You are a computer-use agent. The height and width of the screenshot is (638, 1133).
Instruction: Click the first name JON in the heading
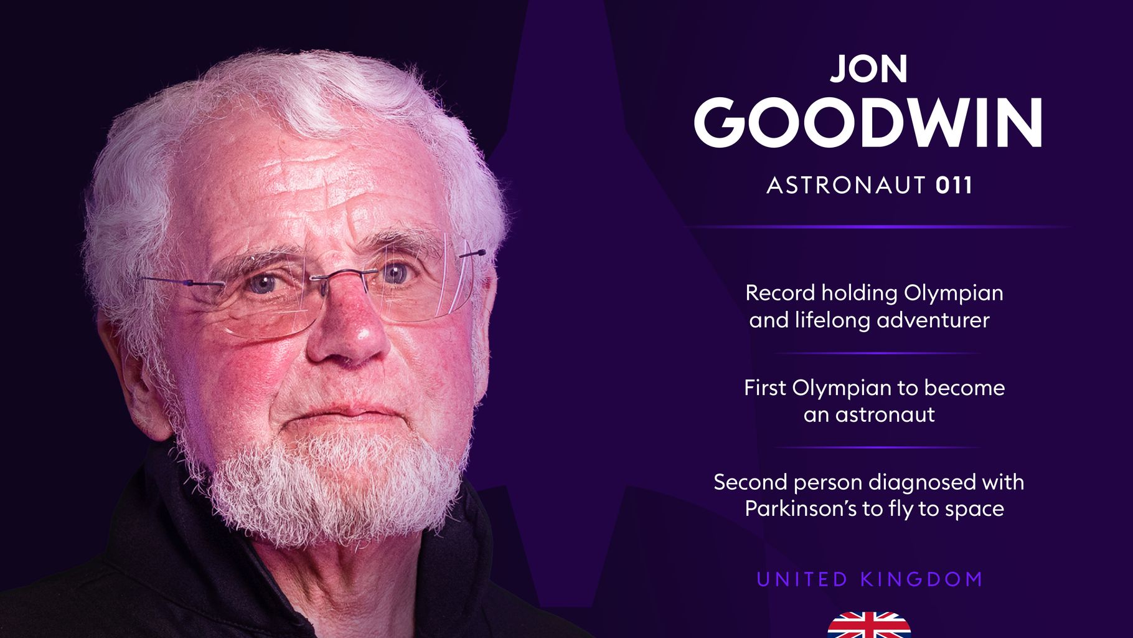pyautogui.click(x=868, y=69)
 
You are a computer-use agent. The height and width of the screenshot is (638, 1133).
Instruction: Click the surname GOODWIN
pyautogui.click(x=868, y=123)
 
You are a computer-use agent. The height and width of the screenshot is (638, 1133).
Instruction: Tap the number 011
pyautogui.click(x=954, y=186)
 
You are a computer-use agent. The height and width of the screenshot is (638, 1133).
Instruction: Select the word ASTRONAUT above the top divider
pyautogui.click(x=847, y=186)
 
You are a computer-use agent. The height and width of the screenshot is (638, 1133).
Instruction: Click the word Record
pyautogui.click(x=780, y=293)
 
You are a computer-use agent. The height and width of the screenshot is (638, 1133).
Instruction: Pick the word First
pyautogui.click(x=765, y=388)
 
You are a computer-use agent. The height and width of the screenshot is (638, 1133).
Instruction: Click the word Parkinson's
pyautogui.click(x=801, y=509)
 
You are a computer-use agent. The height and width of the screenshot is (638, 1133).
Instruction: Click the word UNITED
pyautogui.click(x=802, y=579)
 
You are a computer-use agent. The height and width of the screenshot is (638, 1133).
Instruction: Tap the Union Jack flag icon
pyautogui.click(x=869, y=626)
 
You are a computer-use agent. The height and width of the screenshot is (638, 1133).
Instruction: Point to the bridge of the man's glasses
pyautogui.click(x=344, y=274)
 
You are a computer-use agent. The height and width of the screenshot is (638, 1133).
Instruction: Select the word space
pyautogui.click(x=974, y=509)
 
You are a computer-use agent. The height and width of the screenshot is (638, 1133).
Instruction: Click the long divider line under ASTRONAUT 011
pyautogui.click(x=878, y=227)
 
